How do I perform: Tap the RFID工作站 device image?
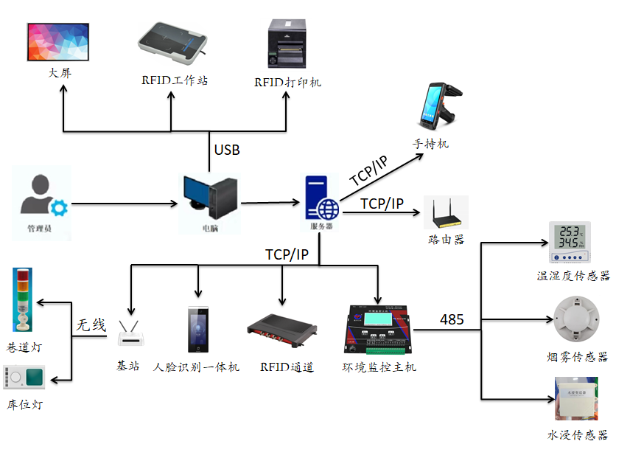pyautogui.click(x=174, y=46)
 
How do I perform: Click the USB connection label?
pyautogui.click(x=227, y=150)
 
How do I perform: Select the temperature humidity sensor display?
pyautogui.click(x=568, y=241)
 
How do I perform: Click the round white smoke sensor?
pyautogui.click(x=576, y=318)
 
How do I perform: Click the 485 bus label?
pyautogui.click(x=452, y=319)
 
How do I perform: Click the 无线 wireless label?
pyautogui.click(x=91, y=324)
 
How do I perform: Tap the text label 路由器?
pyautogui.click(x=446, y=240)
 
